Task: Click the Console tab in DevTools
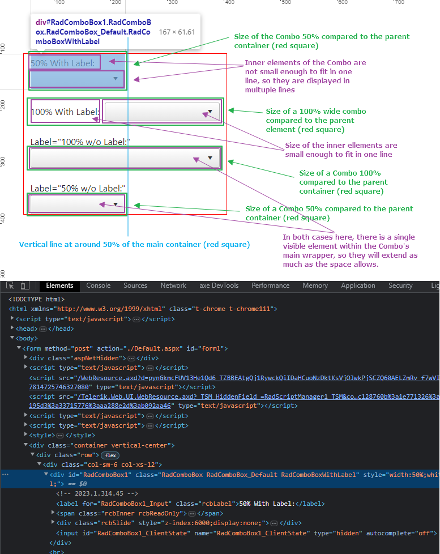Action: coord(98,285)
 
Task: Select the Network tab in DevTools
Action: coord(173,285)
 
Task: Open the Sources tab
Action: coord(135,285)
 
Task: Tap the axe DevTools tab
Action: coord(219,285)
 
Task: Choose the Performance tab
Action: coord(271,285)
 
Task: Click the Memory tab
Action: coord(315,285)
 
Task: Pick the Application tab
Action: coord(358,285)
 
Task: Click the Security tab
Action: coord(400,285)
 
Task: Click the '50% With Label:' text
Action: coord(63,63)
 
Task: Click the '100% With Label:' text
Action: coord(65,112)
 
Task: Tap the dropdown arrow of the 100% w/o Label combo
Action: coord(211,158)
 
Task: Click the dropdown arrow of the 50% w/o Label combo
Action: coord(116,203)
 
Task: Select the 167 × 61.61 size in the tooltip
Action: coord(177,32)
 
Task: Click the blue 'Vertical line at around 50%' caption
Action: coord(134,245)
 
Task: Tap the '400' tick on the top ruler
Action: coord(229,3)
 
